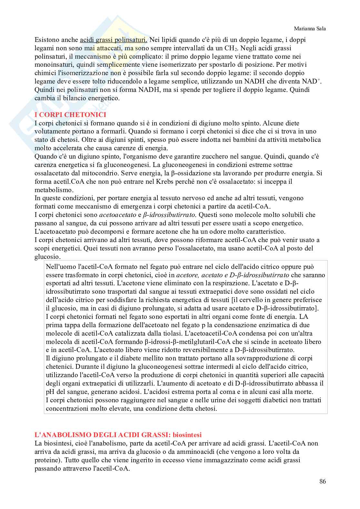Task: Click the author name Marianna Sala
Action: click(310, 29)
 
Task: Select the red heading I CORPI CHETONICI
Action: click(70, 115)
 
